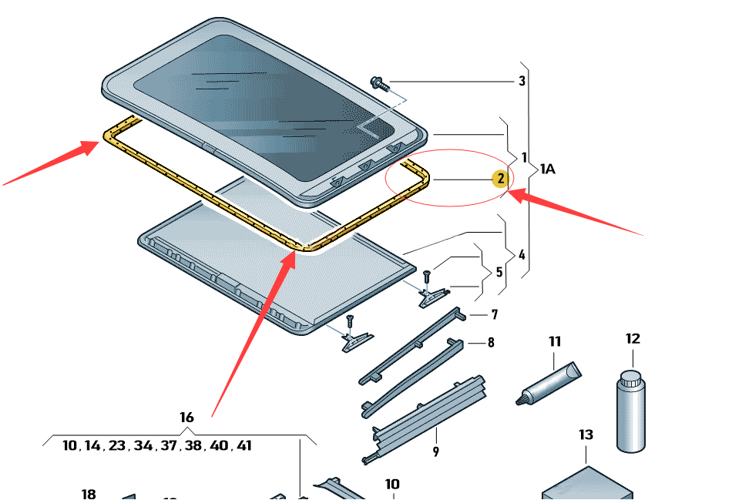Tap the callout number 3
[522, 81]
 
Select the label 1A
[547, 168]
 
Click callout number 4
[522, 253]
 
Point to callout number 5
[499, 272]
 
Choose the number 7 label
[494, 314]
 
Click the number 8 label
[491, 343]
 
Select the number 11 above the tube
[555, 341]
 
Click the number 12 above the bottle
[633, 338]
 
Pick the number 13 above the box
[586, 435]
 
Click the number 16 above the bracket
[186, 418]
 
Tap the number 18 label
[89, 494]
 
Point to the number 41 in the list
[243, 445]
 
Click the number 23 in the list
[117, 445]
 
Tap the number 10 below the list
[392, 485]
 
